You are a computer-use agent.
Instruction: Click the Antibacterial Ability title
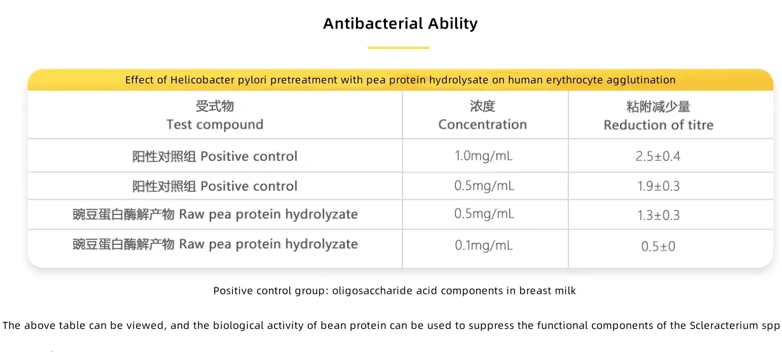pos(400,24)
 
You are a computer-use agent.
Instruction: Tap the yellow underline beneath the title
pos(399,48)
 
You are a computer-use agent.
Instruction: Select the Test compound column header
pos(215,116)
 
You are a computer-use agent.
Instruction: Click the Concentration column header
pos(483,116)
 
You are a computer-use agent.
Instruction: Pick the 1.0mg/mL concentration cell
pos(484,156)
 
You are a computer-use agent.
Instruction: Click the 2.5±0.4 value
pos(658,156)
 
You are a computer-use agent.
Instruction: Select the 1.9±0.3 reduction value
pos(658,186)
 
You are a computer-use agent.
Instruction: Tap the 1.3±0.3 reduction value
pos(658,216)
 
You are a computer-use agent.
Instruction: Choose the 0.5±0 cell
pos(658,246)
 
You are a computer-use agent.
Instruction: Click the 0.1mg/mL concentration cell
pos(484,245)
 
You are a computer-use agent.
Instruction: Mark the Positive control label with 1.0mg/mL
pos(215,156)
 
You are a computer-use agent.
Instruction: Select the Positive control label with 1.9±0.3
pos(215,186)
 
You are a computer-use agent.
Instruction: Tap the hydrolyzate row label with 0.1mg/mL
pos(215,244)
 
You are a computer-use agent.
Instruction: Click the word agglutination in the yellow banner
pos(642,80)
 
